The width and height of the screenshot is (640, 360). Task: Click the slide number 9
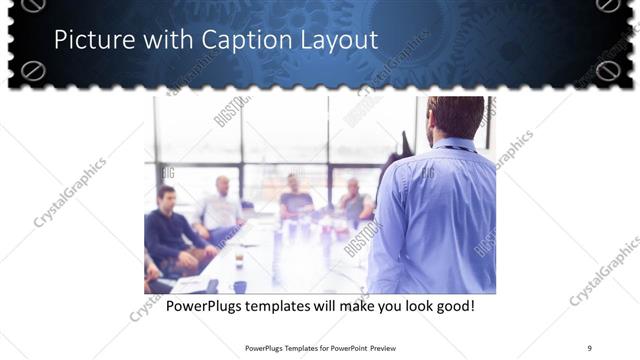click(590, 347)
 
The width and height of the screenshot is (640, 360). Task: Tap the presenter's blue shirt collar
click(455, 144)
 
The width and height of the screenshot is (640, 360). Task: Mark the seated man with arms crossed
click(352, 202)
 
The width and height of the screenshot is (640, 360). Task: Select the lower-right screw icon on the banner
click(607, 70)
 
